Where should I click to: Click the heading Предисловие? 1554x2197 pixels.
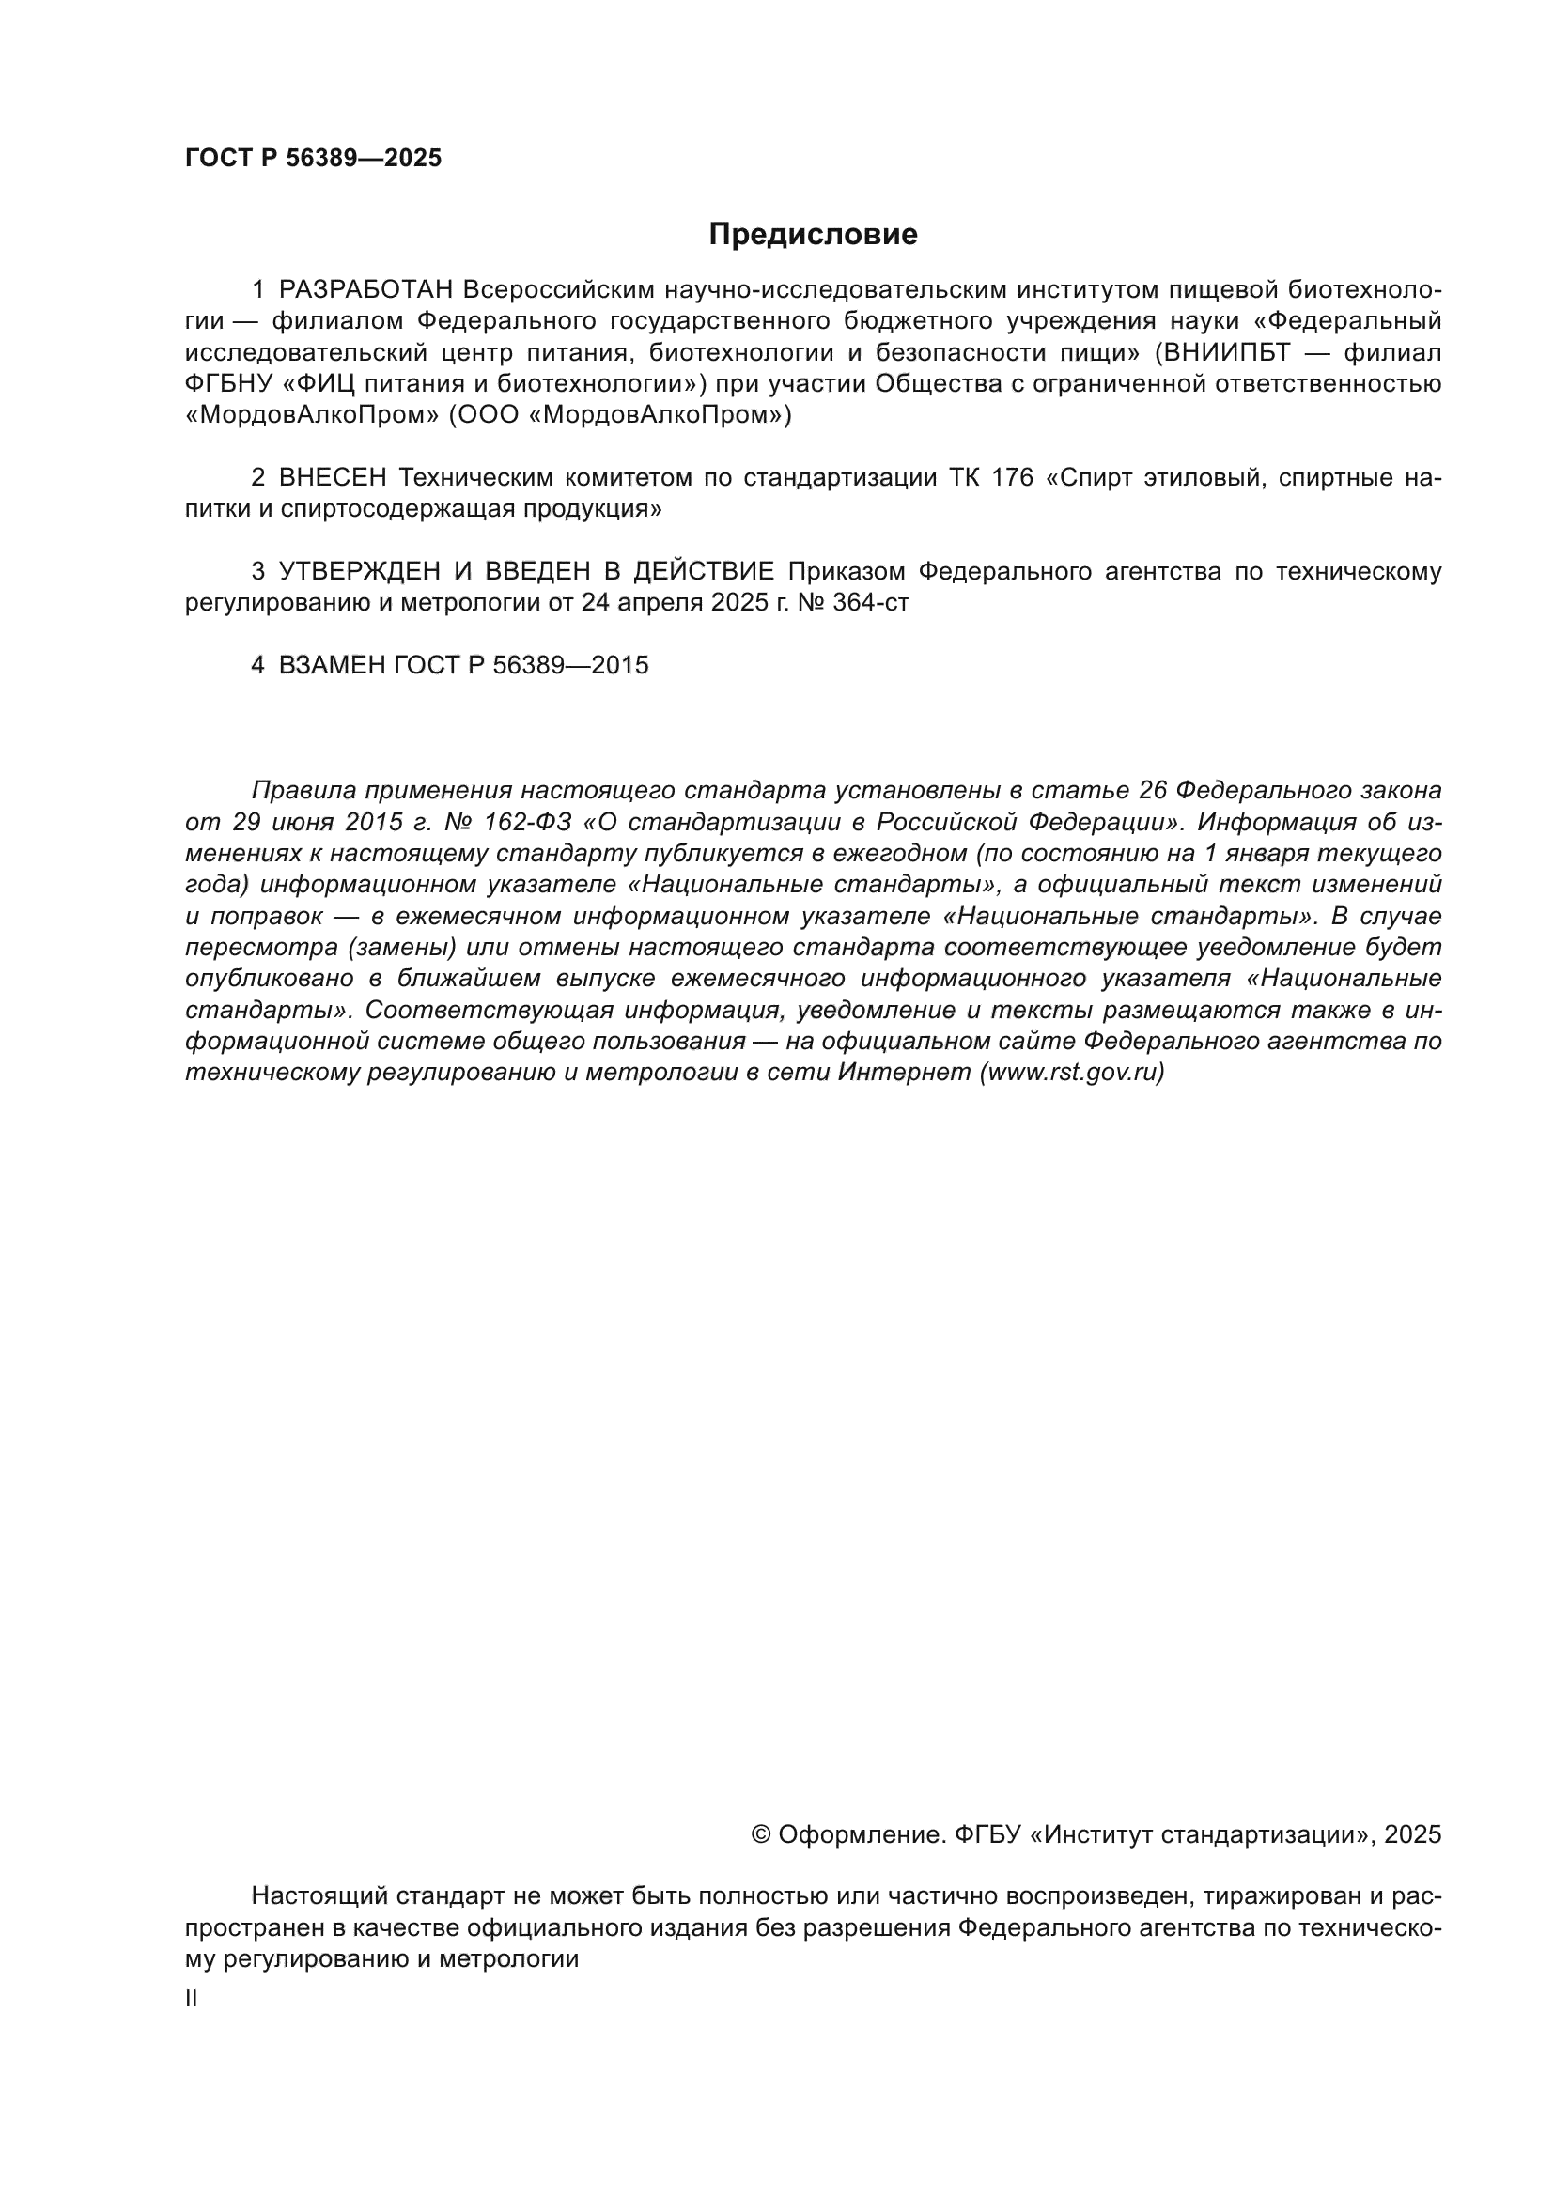pyautogui.click(x=813, y=235)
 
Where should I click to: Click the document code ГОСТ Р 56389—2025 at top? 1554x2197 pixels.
pyautogui.click(x=313, y=159)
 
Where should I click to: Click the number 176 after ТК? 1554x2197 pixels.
pyautogui.click(x=1013, y=477)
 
